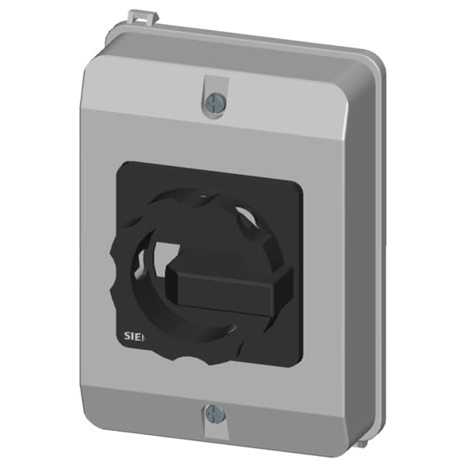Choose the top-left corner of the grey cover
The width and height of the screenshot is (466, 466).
click(92, 66)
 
